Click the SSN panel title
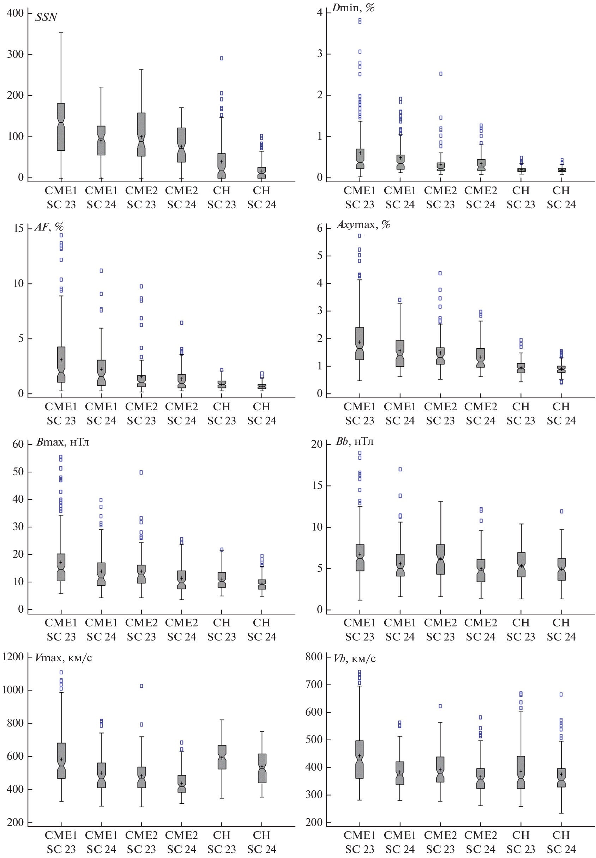click(46, 17)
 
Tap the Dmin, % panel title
click(353, 7)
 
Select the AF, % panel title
click(49, 227)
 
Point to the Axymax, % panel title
click(363, 225)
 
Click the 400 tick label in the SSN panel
click(15, 13)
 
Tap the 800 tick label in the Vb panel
click(314, 657)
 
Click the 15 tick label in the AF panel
click(18, 228)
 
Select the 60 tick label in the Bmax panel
click(18, 444)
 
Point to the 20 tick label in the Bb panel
click(317, 444)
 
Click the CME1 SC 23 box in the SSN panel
click(61, 127)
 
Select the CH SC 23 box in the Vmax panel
click(222, 757)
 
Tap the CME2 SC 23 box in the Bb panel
click(441, 559)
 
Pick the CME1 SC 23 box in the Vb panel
click(360, 759)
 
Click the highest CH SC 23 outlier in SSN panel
click(222, 58)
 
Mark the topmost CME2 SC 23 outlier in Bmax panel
click(141, 472)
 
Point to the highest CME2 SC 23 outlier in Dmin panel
click(441, 74)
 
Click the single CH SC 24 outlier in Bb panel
click(561, 511)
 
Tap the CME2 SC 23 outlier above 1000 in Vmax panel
click(142, 686)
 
